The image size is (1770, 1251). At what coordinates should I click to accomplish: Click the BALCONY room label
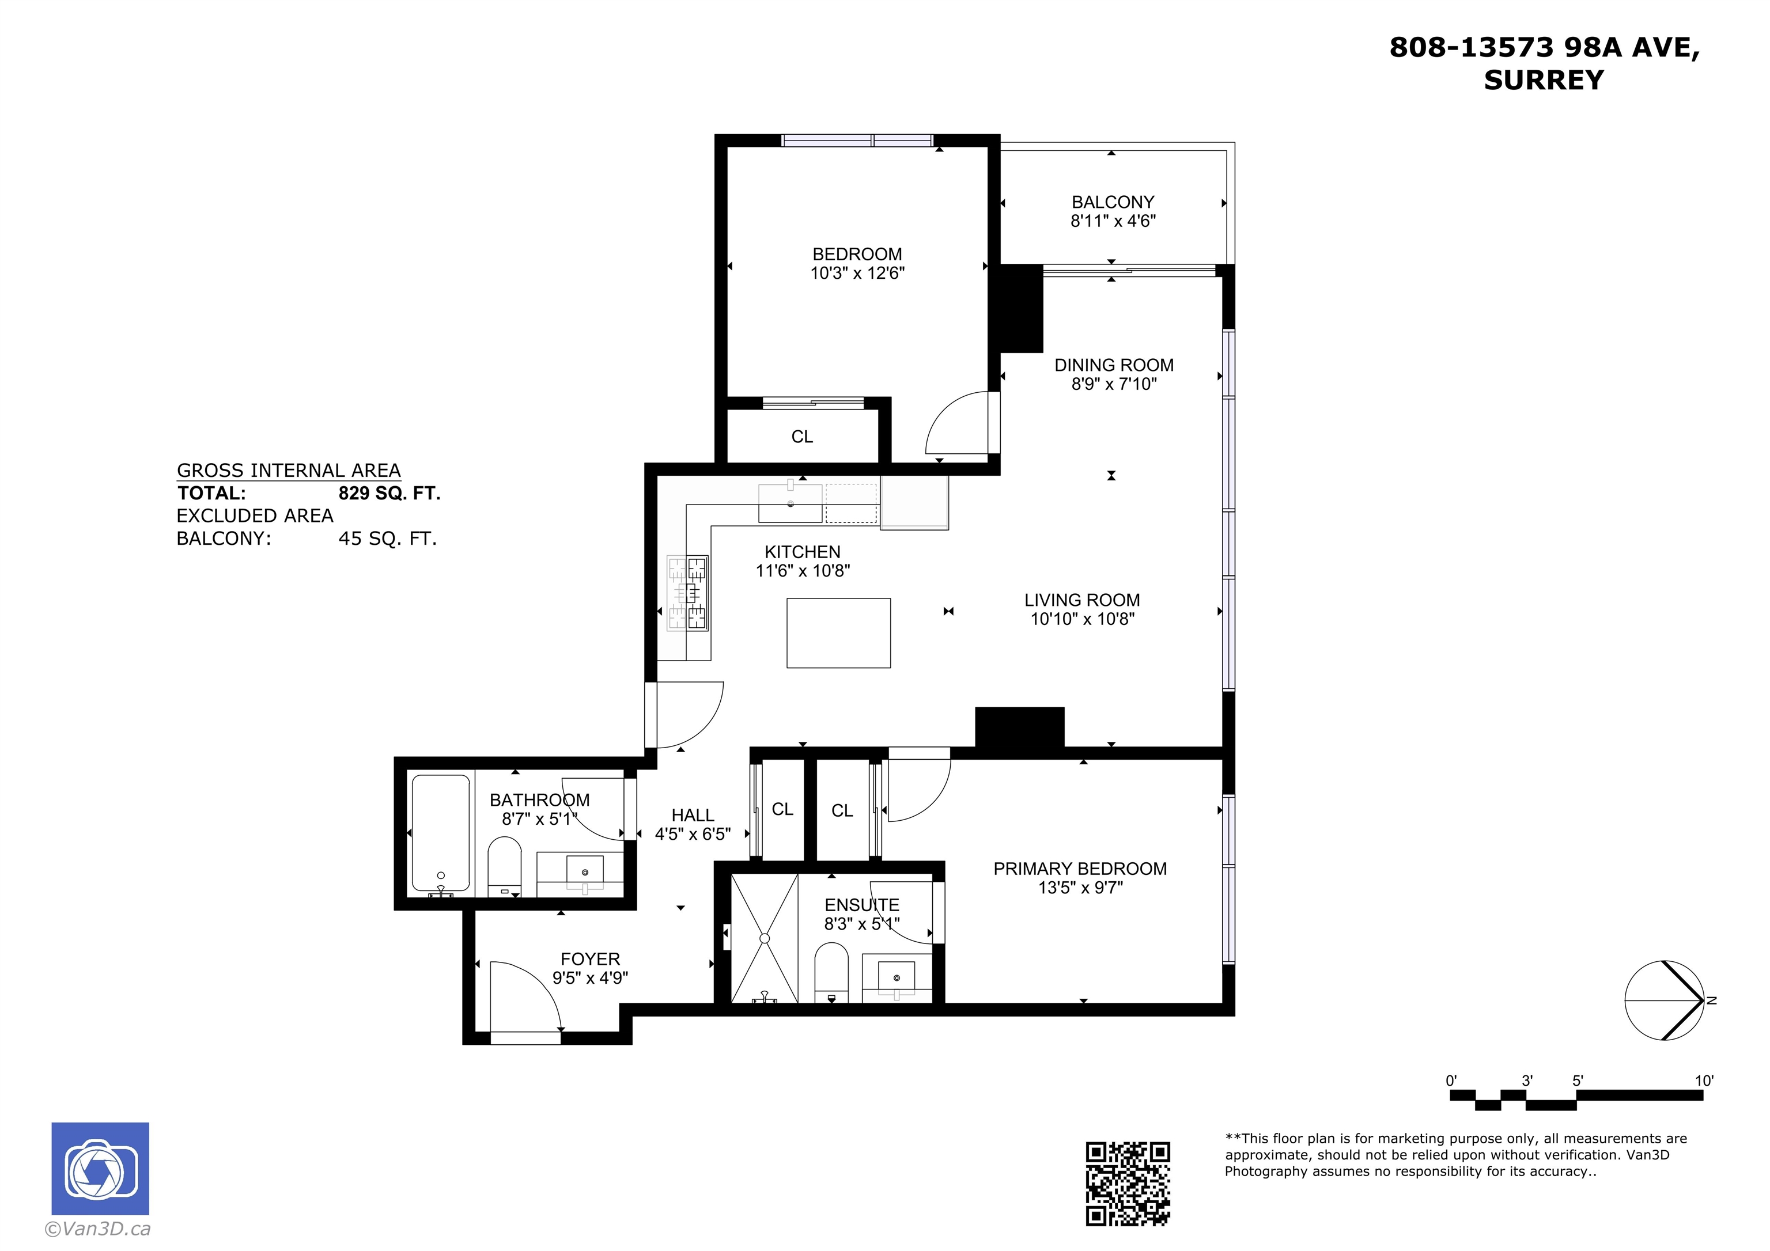(x=1113, y=202)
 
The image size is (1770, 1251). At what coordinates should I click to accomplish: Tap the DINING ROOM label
(x=1114, y=365)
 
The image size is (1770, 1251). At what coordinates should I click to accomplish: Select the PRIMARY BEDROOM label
(x=1080, y=869)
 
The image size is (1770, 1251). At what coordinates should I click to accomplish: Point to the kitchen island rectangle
(x=839, y=633)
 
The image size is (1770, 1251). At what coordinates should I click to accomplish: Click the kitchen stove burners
(x=687, y=593)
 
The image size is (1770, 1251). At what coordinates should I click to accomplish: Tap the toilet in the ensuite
(x=832, y=971)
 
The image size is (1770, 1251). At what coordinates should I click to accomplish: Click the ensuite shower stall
(x=764, y=938)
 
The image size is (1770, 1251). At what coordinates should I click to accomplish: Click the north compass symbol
(x=1665, y=1000)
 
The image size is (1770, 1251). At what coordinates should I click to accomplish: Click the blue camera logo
(x=100, y=1169)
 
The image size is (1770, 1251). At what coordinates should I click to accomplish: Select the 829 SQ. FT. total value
(x=389, y=493)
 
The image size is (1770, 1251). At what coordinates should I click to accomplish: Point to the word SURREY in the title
(x=1544, y=80)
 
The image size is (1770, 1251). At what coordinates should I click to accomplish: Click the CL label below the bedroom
(x=801, y=437)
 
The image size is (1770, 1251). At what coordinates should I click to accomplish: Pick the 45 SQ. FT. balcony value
(x=388, y=539)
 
